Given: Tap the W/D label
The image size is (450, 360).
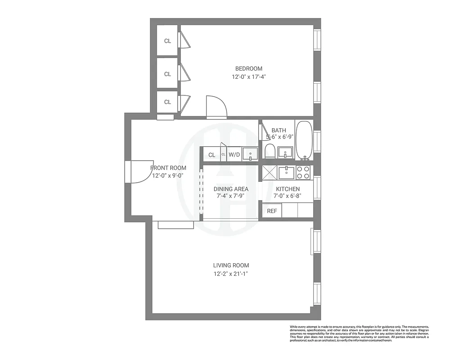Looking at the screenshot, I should coord(234,155).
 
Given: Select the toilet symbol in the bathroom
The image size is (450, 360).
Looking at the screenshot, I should coord(270,152).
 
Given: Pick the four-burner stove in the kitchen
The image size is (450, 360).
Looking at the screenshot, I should coord(303,172).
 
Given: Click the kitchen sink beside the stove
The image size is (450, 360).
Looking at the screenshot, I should coord(286,172).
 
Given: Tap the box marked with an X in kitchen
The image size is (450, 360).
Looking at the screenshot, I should coord(270,172).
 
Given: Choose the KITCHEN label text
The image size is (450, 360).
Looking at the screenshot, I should coord(288,189).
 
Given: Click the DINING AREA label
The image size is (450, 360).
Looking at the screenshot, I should coord(231,189).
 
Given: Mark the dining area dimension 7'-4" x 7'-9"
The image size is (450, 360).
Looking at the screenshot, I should coord(231,197).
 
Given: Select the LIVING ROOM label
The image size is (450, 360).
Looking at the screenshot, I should coord(231,265).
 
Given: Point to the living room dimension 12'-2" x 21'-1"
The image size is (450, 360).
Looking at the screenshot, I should coord(231,274).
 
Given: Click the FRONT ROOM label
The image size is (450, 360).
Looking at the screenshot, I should coord(168,168).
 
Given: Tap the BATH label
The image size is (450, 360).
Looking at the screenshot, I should coord(279,130).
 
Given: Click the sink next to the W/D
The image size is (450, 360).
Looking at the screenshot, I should coord(250,154).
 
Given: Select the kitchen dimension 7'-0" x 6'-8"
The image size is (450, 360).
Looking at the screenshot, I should coord(288,196).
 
